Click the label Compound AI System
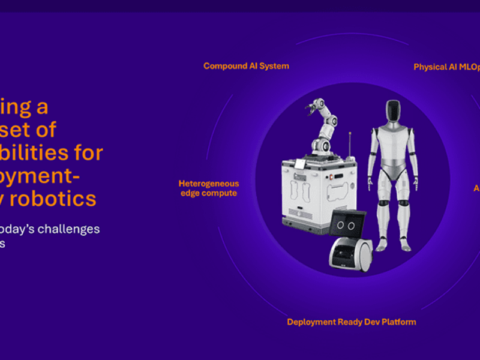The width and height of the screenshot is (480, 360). [246, 66]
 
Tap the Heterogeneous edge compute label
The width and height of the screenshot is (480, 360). [208, 188]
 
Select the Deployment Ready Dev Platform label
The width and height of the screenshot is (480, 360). [351, 322]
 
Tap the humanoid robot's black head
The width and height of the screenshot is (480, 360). [392, 112]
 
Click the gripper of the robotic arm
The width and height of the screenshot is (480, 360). [312, 107]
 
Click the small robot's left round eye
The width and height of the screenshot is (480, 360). [340, 226]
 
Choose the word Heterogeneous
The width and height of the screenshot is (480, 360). [208, 184]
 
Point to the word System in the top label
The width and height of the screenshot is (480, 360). [274, 66]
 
